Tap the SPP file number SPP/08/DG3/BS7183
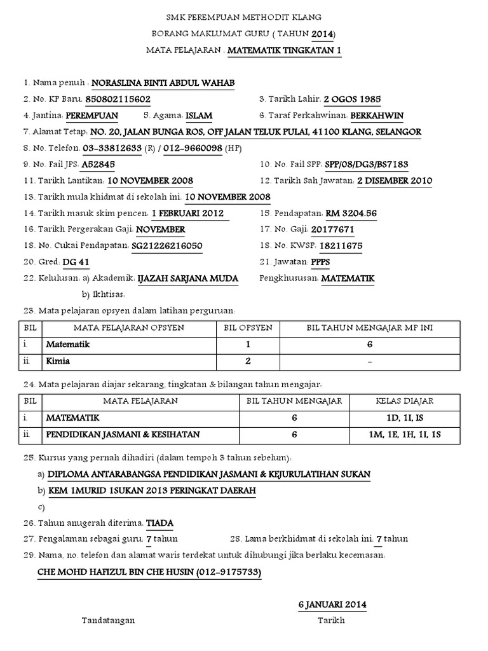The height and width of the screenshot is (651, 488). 367,165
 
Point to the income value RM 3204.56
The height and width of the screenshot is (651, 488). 351,214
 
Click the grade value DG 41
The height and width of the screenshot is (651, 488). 76,262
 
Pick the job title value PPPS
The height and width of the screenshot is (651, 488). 321,262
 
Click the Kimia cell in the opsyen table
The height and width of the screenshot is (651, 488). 58,361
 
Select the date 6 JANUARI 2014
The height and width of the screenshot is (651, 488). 332,604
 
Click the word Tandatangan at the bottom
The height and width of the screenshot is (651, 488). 107,620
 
